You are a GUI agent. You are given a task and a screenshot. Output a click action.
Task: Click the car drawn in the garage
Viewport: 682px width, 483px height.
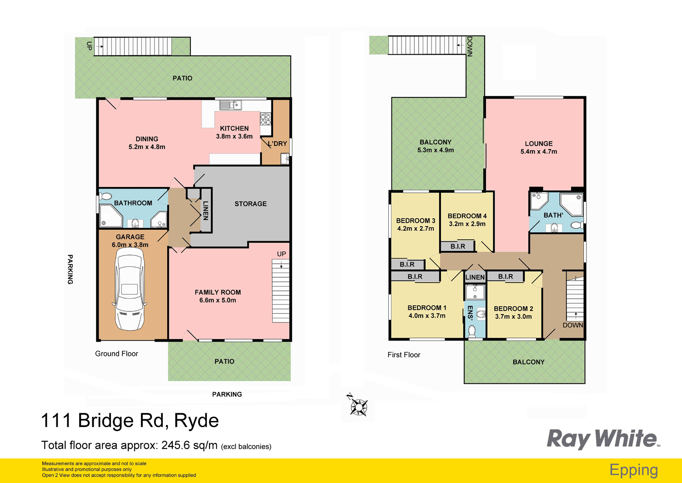click(130, 291)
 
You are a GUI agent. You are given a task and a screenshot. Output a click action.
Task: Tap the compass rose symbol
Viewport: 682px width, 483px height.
click(358, 405)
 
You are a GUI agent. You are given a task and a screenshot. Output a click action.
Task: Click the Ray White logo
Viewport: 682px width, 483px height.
click(602, 439)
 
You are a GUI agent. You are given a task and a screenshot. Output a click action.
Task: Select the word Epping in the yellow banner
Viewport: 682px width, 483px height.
click(633, 470)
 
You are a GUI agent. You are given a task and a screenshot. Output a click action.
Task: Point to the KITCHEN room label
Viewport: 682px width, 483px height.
click(234, 128)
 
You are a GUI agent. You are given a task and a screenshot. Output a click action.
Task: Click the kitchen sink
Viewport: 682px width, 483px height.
click(231, 106)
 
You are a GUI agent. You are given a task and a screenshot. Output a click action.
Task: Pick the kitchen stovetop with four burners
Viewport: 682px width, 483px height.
click(266, 119)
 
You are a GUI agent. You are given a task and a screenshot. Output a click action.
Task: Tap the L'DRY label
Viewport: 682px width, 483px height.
click(277, 144)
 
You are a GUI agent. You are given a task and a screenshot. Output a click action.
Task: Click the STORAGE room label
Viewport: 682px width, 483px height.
click(251, 204)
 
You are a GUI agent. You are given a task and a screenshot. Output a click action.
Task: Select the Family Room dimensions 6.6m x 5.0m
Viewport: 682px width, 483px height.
click(218, 300)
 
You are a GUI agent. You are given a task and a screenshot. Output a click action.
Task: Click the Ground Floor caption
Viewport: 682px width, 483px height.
click(116, 354)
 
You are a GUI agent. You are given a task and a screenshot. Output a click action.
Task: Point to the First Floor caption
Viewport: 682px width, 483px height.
click(404, 355)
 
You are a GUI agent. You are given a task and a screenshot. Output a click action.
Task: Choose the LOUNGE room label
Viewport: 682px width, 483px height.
click(539, 143)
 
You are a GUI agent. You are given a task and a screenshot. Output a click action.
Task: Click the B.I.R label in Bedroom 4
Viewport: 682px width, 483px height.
click(458, 246)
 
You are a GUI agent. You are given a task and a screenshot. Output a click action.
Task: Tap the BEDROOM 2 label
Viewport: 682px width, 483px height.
click(513, 309)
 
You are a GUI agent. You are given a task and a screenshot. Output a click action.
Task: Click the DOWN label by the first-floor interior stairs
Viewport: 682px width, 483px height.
click(572, 325)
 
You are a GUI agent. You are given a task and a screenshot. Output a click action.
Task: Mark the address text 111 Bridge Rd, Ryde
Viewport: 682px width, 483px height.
click(130, 421)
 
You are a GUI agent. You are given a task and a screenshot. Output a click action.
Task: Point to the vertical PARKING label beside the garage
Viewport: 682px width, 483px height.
click(70, 269)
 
